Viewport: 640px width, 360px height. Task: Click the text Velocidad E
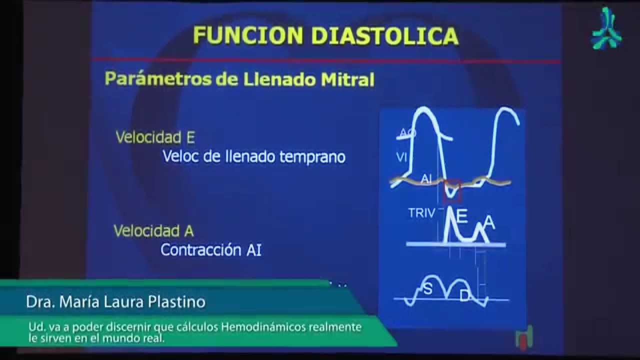[x=155, y=137]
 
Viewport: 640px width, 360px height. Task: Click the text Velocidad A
[x=153, y=231]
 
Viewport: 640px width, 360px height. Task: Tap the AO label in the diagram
[x=407, y=133]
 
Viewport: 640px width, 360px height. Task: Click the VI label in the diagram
[x=401, y=158]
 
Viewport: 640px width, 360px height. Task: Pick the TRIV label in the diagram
[x=421, y=212]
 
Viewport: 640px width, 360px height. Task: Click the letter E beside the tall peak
[x=462, y=216]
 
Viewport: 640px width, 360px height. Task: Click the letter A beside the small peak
[x=489, y=223]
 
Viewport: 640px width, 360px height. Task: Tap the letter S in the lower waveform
[x=428, y=289]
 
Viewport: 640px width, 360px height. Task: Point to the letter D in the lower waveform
[x=464, y=296]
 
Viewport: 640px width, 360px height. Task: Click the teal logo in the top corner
[x=606, y=28]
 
